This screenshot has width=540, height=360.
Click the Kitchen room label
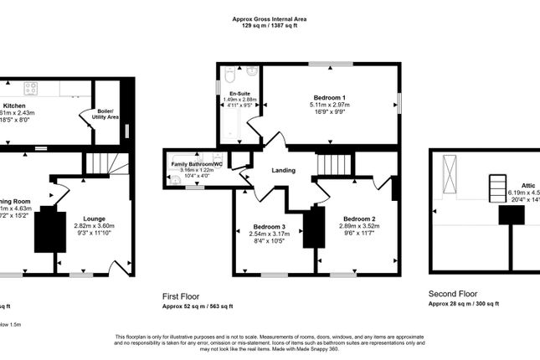(x=14, y=105)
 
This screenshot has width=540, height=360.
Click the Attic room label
(x=527, y=186)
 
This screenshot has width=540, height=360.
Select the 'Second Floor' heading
(x=453, y=295)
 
